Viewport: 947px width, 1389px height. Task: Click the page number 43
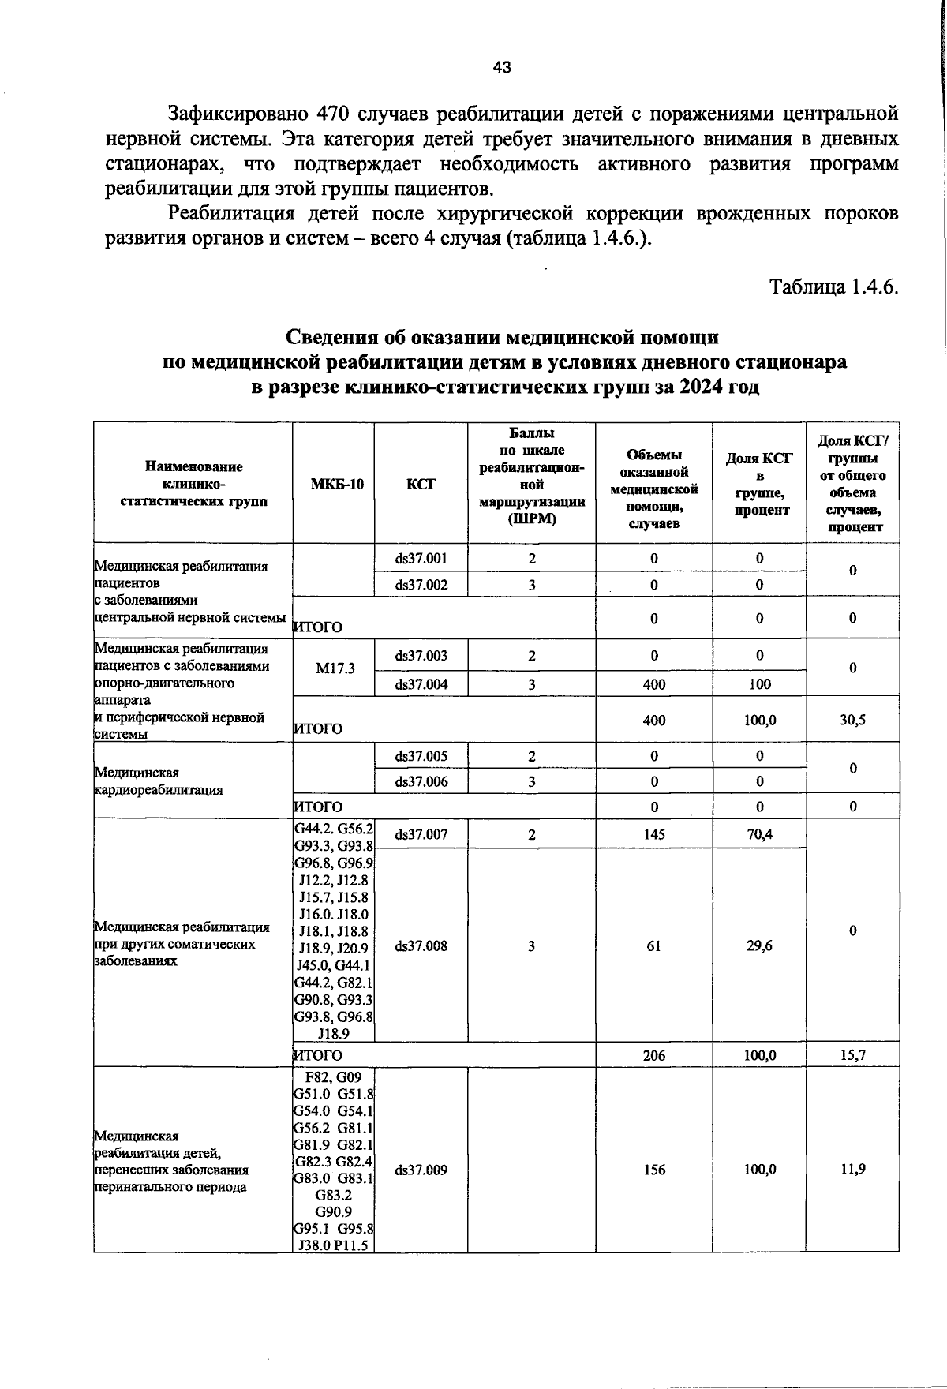502,68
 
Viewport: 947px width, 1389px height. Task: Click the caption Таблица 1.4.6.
834,286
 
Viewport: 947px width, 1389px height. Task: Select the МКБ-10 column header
333,484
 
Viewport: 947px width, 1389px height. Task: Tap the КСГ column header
421,484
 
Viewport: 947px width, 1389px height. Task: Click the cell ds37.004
421,684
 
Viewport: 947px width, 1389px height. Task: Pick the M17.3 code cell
335,668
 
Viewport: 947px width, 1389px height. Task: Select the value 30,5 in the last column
852,720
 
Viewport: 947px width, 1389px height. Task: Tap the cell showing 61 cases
653,945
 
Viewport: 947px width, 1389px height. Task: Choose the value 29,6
759,945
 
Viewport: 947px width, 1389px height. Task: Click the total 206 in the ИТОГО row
653,1055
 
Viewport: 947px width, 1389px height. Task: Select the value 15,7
852,1055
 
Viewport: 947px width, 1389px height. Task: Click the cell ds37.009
421,1170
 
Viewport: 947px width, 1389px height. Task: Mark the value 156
653,1170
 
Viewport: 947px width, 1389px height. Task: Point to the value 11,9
852,1170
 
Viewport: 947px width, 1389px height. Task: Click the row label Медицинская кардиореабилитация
158,781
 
